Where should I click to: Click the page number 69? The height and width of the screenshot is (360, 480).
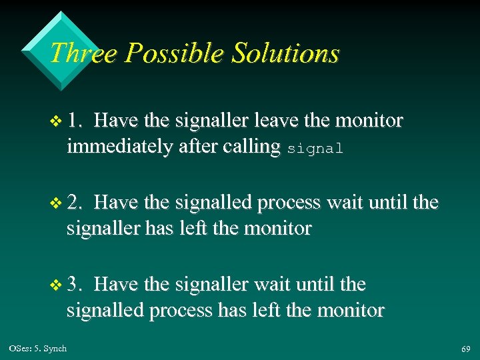click(x=465, y=349)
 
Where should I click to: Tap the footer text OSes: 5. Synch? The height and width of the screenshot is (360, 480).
click(x=38, y=348)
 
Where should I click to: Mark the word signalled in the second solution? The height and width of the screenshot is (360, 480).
click(x=215, y=203)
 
